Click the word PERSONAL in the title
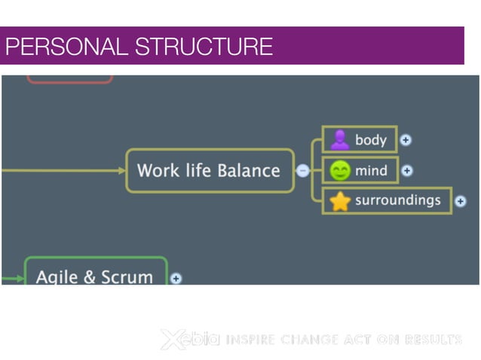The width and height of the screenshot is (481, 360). [68, 47]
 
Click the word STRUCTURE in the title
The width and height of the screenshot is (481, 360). [204, 47]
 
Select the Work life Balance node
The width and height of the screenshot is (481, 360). [209, 170]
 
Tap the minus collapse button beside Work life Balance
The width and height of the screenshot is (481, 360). [302, 171]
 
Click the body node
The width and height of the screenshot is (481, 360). [359, 139]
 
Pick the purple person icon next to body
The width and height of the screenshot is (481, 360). [339, 140]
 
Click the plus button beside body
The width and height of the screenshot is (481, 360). [406, 139]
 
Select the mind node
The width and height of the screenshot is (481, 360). [360, 171]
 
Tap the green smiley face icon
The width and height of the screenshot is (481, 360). [340, 171]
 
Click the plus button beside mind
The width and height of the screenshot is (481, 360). [407, 171]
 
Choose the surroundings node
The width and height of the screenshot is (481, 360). [387, 201]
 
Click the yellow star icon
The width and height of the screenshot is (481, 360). [340, 202]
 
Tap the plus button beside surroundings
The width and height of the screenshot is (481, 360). [461, 201]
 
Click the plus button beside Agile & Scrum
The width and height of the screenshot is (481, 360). [176, 278]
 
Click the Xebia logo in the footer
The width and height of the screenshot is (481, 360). [189, 340]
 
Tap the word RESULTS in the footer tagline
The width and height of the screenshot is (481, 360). [433, 340]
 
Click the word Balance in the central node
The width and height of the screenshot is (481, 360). [248, 170]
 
